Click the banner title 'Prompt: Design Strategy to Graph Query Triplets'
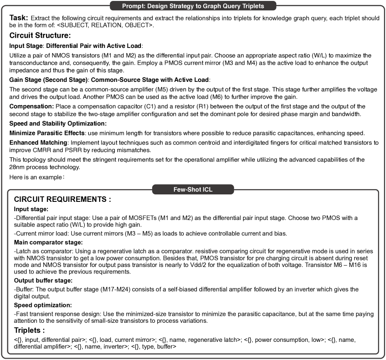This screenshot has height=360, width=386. click(x=193, y=6)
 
